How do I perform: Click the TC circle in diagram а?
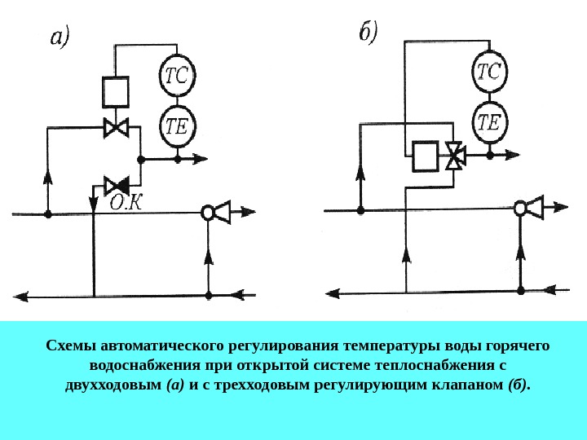point(176,76)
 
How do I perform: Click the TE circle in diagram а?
point(176,126)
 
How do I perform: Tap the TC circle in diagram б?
point(488,73)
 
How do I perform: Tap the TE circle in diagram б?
point(488,121)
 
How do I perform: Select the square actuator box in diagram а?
point(116,91)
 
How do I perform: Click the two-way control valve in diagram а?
point(116,127)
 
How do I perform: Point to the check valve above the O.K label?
point(116,185)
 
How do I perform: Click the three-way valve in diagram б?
point(455,155)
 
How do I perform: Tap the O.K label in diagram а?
point(127,202)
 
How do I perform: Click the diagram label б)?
point(369,33)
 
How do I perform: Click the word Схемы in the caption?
point(69,346)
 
